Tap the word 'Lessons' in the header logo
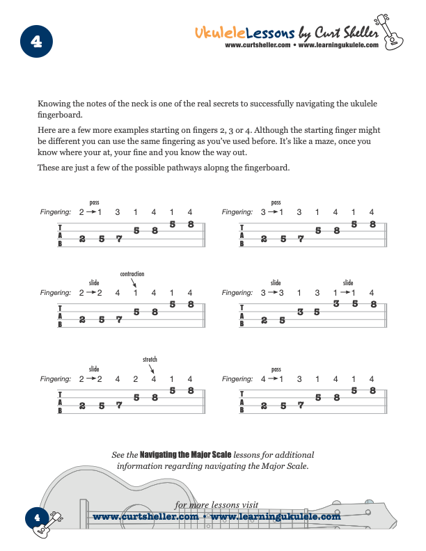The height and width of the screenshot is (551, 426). click(x=269, y=32)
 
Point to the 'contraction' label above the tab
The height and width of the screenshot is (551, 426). click(x=132, y=274)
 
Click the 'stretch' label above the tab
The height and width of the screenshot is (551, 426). click(x=150, y=360)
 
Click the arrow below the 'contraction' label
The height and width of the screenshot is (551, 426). click(x=134, y=284)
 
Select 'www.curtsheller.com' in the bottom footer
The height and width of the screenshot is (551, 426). click(x=145, y=517)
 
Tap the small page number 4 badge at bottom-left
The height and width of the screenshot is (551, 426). click(x=37, y=517)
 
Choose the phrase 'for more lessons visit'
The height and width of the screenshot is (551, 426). click(x=216, y=504)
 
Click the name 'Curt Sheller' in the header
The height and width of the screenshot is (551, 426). click(x=347, y=32)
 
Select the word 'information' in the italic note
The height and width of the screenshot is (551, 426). click(x=142, y=466)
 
